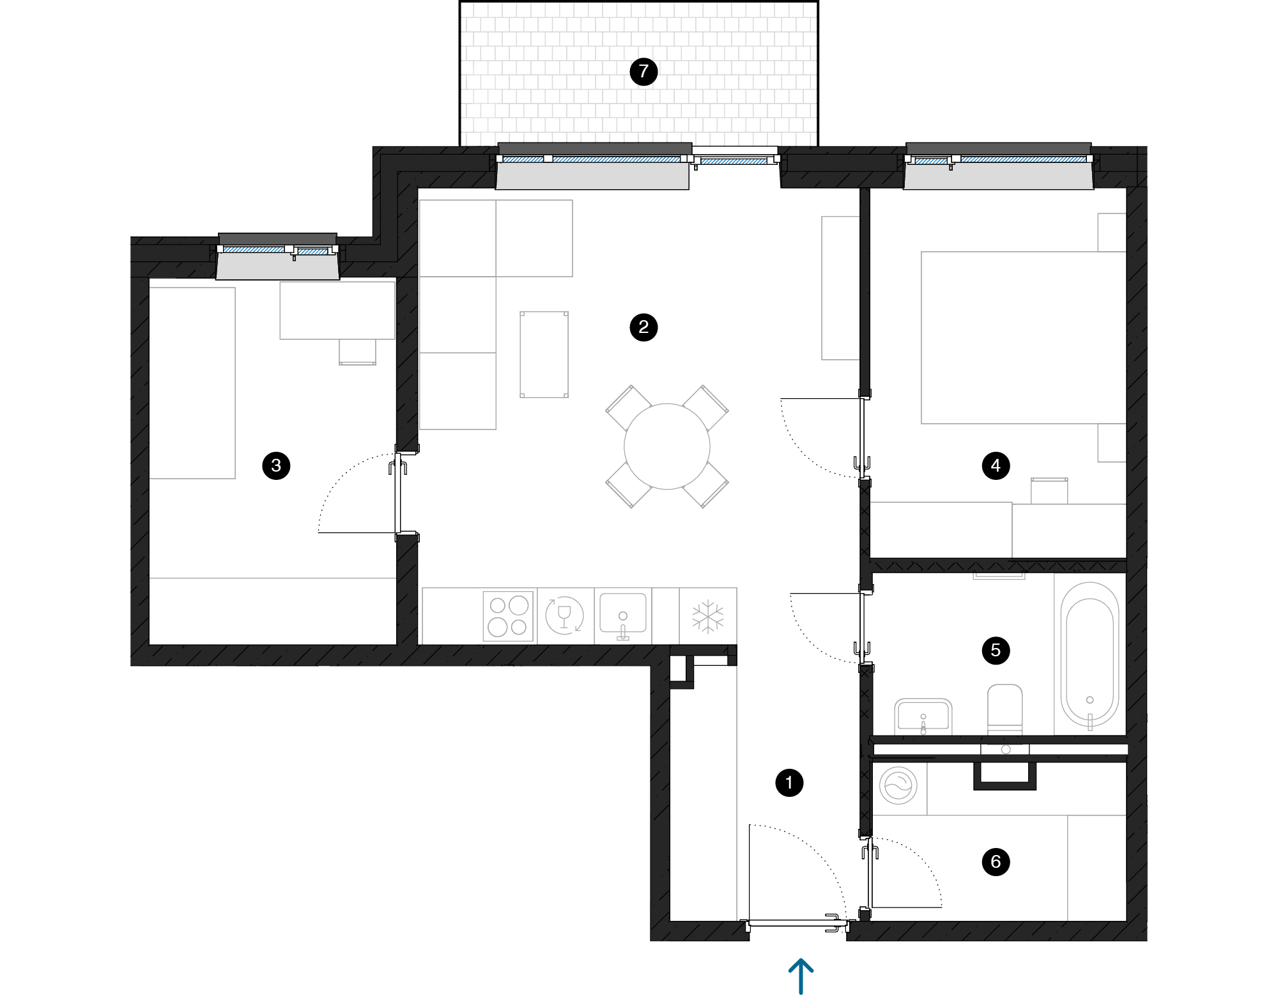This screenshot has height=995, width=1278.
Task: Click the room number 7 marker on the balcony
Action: pos(643,71)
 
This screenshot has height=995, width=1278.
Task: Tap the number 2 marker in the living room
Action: pos(643,327)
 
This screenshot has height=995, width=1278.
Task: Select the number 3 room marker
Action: pos(276,465)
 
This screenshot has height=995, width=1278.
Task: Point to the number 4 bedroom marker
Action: pos(996,466)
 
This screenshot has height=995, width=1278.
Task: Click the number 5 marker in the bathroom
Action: pos(996,651)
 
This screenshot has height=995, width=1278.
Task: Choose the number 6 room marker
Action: pos(996,862)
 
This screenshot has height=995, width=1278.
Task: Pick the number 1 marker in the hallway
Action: pos(789,783)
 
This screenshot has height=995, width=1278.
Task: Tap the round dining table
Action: pos(667,446)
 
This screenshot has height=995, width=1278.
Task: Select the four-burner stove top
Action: pos(508,616)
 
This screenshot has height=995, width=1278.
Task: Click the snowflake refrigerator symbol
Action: pos(708,616)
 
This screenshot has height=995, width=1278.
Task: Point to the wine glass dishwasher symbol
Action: pos(564,615)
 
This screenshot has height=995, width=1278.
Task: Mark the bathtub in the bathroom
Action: pos(1089,655)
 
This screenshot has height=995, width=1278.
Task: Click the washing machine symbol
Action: pos(898,785)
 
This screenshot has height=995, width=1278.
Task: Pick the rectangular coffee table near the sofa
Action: pos(544,355)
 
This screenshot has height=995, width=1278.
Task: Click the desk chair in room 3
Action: pos(357,352)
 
